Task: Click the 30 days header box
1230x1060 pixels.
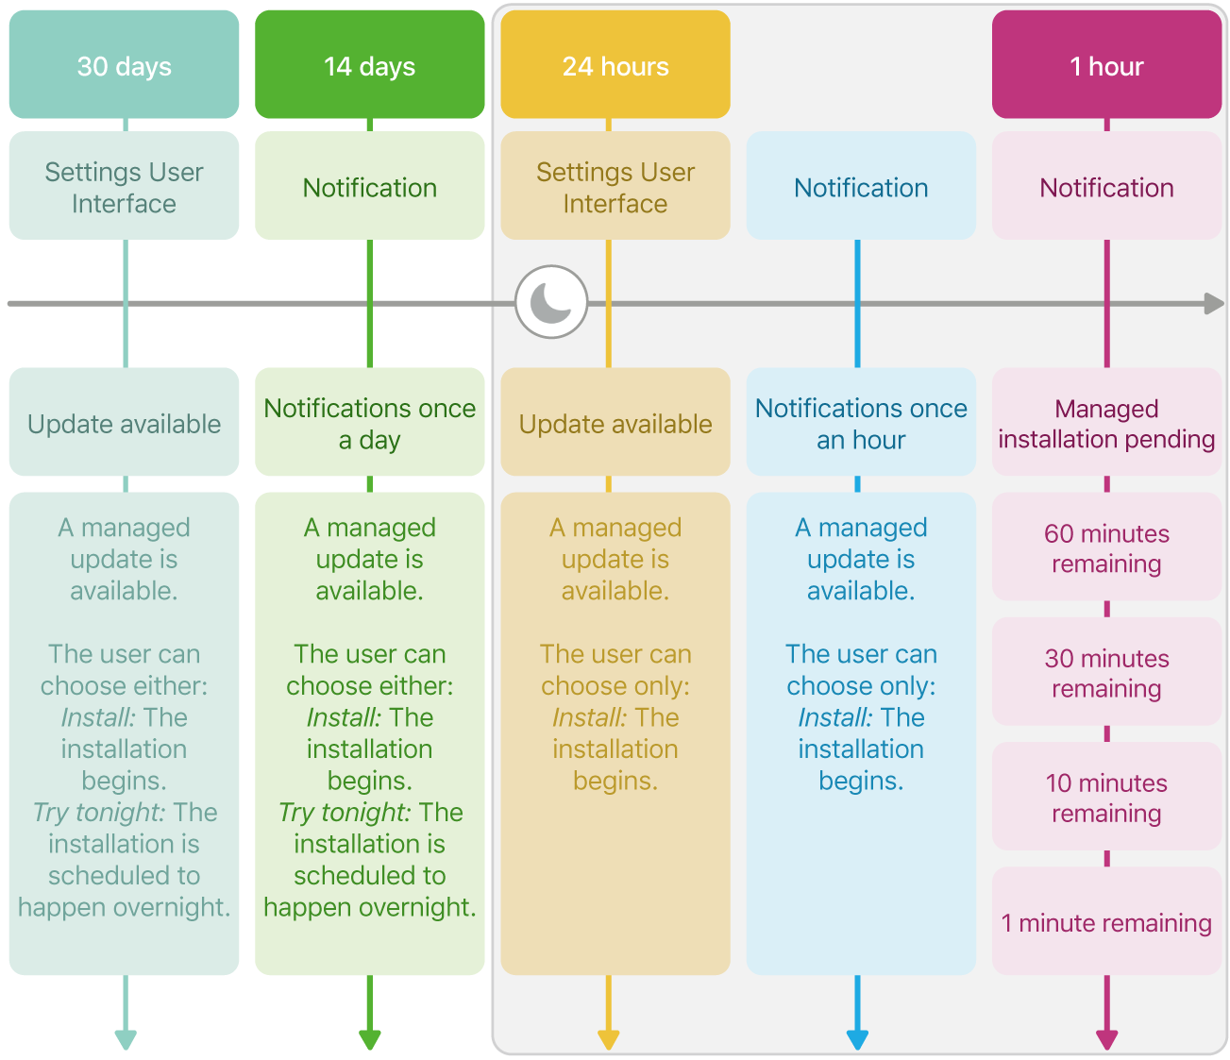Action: pyautogui.click(x=124, y=65)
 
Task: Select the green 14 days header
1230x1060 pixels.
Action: pyautogui.click(x=369, y=65)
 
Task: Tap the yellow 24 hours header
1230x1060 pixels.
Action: pyautogui.click(x=615, y=65)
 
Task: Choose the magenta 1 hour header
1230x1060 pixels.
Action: pyautogui.click(x=1106, y=65)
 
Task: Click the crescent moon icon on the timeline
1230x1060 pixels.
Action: pyautogui.click(x=551, y=303)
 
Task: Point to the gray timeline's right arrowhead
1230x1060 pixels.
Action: pyautogui.click(x=1215, y=304)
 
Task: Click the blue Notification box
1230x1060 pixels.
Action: pyautogui.click(x=861, y=187)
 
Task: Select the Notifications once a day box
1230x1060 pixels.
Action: pyautogui.click(x=369, y=423)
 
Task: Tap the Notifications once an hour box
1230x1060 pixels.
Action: pyautogui.click(x=861, y=423)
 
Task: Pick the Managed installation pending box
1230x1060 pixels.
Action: pyautogui.click(x=1106, y=423)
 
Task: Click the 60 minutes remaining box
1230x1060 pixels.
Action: pyautogui.click(x=1106, y=547)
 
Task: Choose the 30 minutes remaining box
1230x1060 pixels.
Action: pyautogui.click(x=1106, y=672)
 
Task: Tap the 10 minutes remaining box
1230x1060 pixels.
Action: pyautogui.click(x=1106, y=797)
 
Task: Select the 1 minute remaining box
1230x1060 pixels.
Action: pyautogui.click(x=1106, y=922)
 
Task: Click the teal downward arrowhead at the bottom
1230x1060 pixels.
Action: pyautogui.click(x=126, y=1039)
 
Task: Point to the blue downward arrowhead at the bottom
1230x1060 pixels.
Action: pyautogui.click(x=857, y=1039)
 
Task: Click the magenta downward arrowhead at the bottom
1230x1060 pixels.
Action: pyautogui.click(x=1106, y=1039)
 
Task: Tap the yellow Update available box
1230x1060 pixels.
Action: pyautogui.click(x=615, y=423)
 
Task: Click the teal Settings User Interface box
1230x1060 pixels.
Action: pyautogui.click(x=124, y=187)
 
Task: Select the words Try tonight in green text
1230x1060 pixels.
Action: pyautogui.click(x=344, y=812)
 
